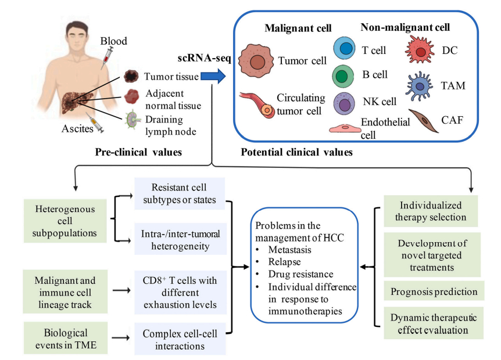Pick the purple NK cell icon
click(x=343, y=103)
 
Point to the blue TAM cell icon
click(x=423, y=87)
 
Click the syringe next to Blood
click(x=108, y=56)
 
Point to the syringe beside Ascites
click(x=105, y=124)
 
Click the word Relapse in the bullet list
click(x=288, y=261)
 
